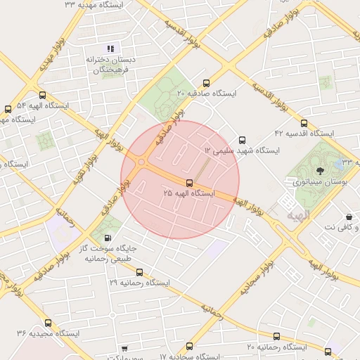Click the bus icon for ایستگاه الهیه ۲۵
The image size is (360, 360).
click(x=188, y=183)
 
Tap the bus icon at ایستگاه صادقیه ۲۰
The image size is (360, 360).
click(x=206, y=82)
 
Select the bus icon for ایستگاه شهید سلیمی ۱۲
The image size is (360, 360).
click(x=243, y=140)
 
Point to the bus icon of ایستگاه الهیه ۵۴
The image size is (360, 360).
click(x=42, y=95)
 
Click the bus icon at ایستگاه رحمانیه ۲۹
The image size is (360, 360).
click(x=139, y=272)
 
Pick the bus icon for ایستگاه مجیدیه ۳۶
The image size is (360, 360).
click(x=48, y=323)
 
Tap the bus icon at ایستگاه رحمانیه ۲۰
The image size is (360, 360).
click(x=277, y=337)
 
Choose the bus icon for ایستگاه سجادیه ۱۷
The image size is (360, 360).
click(x=189, y=346)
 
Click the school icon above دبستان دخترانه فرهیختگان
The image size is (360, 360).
click(x=110, y=48)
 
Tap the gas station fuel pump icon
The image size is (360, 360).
click(x=107, y=238)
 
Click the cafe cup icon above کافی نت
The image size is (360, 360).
click(x=349, y=217)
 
